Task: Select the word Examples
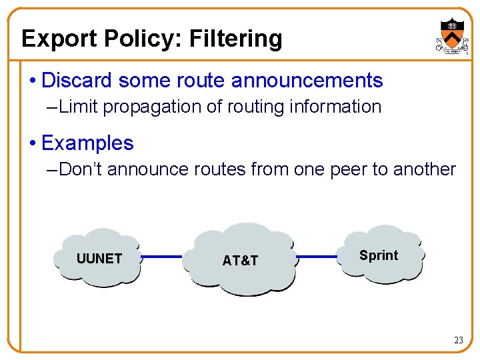tap(87, 143)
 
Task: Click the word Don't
tap(81, 169)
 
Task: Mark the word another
tap(423, 169)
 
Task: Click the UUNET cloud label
tap(99, 259)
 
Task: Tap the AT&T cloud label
tap(240, 261)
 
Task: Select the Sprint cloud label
tap(378, 255)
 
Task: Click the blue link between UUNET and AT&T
tap(161, 256)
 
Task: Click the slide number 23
tap(458, 341)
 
